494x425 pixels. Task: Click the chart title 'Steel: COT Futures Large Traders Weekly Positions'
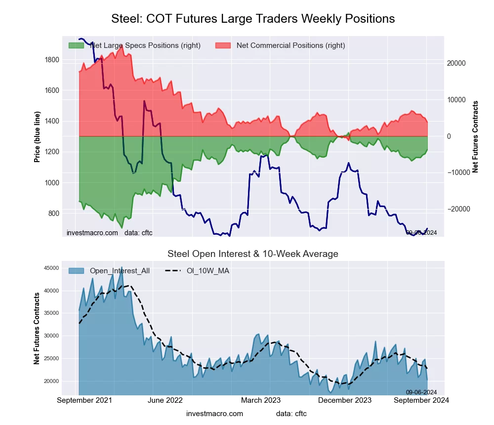click(253, 19)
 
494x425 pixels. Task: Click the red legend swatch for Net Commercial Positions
click(224, 45)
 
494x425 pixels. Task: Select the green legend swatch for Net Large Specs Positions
click(77, 45)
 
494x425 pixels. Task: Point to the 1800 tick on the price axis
click(52, 60)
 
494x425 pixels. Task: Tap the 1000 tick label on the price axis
click(52, 183)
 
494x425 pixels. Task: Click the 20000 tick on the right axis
click(457, 63)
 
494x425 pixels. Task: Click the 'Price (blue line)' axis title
click(37, 136)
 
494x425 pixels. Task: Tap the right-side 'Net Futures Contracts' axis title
click(476, 136)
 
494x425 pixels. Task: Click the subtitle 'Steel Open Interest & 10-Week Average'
click(253, 254)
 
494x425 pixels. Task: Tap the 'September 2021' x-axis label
click(85, 400)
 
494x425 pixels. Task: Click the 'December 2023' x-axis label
click(349, 400)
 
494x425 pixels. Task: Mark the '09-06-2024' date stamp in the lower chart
click(421, 392)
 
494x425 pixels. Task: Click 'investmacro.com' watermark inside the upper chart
click(92, 233)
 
